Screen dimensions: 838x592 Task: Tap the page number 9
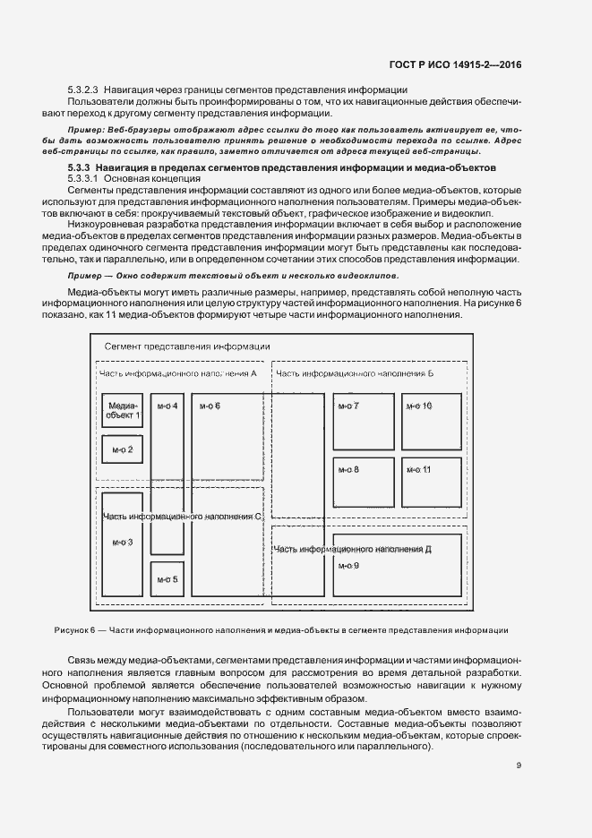coord(519,764)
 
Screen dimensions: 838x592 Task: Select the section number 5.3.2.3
coord(82,90)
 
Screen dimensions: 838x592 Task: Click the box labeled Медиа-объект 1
coord(123,411)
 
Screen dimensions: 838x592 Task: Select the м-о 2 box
coord(123,449)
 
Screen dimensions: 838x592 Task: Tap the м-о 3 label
coord(122,543)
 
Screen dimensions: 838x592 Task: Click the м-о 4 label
coord(167,406)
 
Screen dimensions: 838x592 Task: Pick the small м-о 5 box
coord(167,579)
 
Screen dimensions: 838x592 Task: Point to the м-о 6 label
coord(210,406)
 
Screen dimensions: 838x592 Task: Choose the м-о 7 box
coord(363,421)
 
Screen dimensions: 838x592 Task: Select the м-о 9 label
coord(349,566)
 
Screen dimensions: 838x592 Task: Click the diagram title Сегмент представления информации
coord(187,346)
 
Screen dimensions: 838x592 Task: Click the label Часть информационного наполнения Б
coord(355,372)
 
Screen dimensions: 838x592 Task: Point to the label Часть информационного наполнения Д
coord(354,549)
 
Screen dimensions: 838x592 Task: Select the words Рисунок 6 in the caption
coord(74,630)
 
